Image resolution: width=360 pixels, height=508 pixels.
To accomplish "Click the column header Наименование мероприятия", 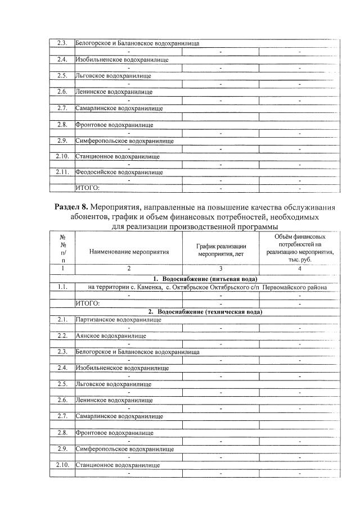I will coord(129,252).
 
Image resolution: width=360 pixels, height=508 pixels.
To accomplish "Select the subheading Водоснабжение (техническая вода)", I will coord(209,311).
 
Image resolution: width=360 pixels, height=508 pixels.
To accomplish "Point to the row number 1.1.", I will coord(62,287).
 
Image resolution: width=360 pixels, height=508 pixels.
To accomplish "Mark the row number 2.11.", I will coord(62,172).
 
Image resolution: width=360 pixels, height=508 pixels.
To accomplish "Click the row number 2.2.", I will coord(62,336).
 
